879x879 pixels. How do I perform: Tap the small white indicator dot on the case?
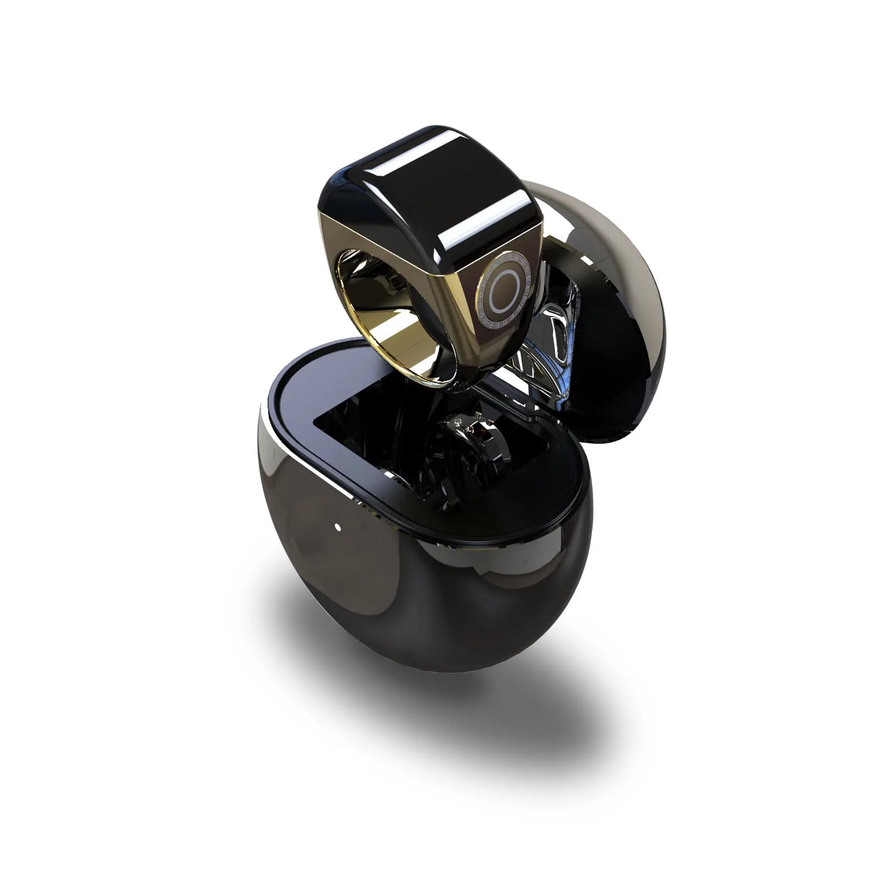point(337,528)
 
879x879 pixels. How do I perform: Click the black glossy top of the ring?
point(429,181)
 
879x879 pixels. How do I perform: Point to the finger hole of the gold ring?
point(379,297)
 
